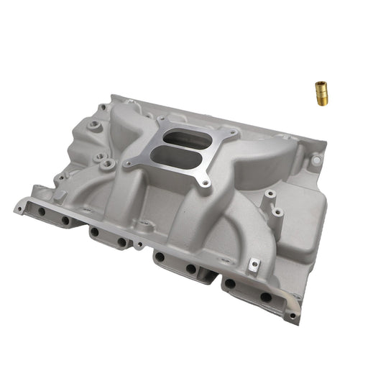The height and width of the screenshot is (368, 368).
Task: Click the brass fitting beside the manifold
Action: click(320, 93)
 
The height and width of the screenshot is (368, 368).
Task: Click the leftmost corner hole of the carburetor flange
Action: click(128, 165)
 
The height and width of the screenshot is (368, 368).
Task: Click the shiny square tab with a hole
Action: click(253, 267)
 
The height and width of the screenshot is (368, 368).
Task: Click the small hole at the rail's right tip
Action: click(293, 315)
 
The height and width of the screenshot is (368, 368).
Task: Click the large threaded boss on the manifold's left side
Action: click(107, 165)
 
